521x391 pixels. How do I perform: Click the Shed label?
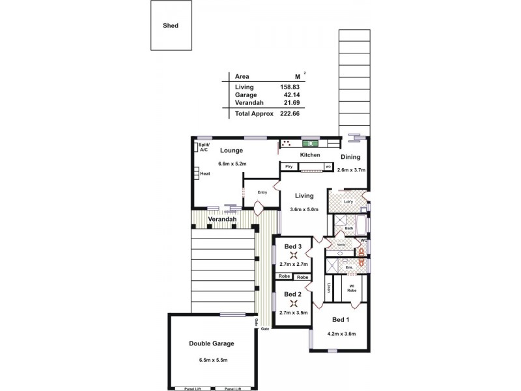171,26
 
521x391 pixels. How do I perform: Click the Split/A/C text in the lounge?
203,147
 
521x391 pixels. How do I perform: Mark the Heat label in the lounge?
204,174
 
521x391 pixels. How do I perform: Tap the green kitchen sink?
309,143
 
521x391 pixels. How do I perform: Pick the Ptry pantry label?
289,167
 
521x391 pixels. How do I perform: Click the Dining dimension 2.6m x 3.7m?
352,170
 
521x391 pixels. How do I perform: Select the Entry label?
262,192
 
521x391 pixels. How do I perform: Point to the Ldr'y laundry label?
348,201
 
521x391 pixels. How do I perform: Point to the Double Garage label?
211,343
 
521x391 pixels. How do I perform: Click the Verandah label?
221,220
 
